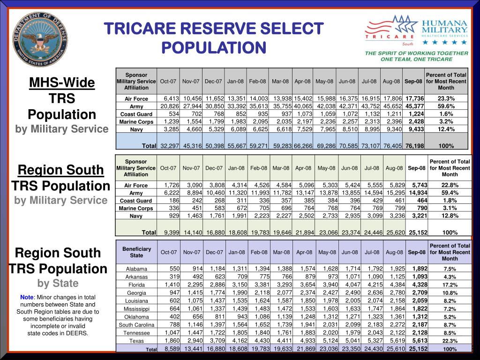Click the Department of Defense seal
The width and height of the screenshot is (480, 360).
point(40,39)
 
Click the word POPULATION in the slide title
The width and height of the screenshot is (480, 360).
point(214,47)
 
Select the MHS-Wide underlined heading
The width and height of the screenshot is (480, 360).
point(62,83)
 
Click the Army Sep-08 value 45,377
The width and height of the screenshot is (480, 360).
point(415,106)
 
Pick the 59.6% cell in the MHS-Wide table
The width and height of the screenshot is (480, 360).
point(446,106)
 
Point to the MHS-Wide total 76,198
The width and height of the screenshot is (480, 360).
point(415,146)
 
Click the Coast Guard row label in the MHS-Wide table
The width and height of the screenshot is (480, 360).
point(136,114)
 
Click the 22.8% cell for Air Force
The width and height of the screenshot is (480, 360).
point(450,185)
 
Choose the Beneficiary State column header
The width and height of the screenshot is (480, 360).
point(136,252)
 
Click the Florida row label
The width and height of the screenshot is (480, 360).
point(136,285)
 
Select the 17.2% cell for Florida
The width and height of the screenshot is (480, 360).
point(450,285)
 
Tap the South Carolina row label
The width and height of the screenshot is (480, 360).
point(136,325)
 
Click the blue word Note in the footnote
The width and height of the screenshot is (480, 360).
point(27,297)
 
